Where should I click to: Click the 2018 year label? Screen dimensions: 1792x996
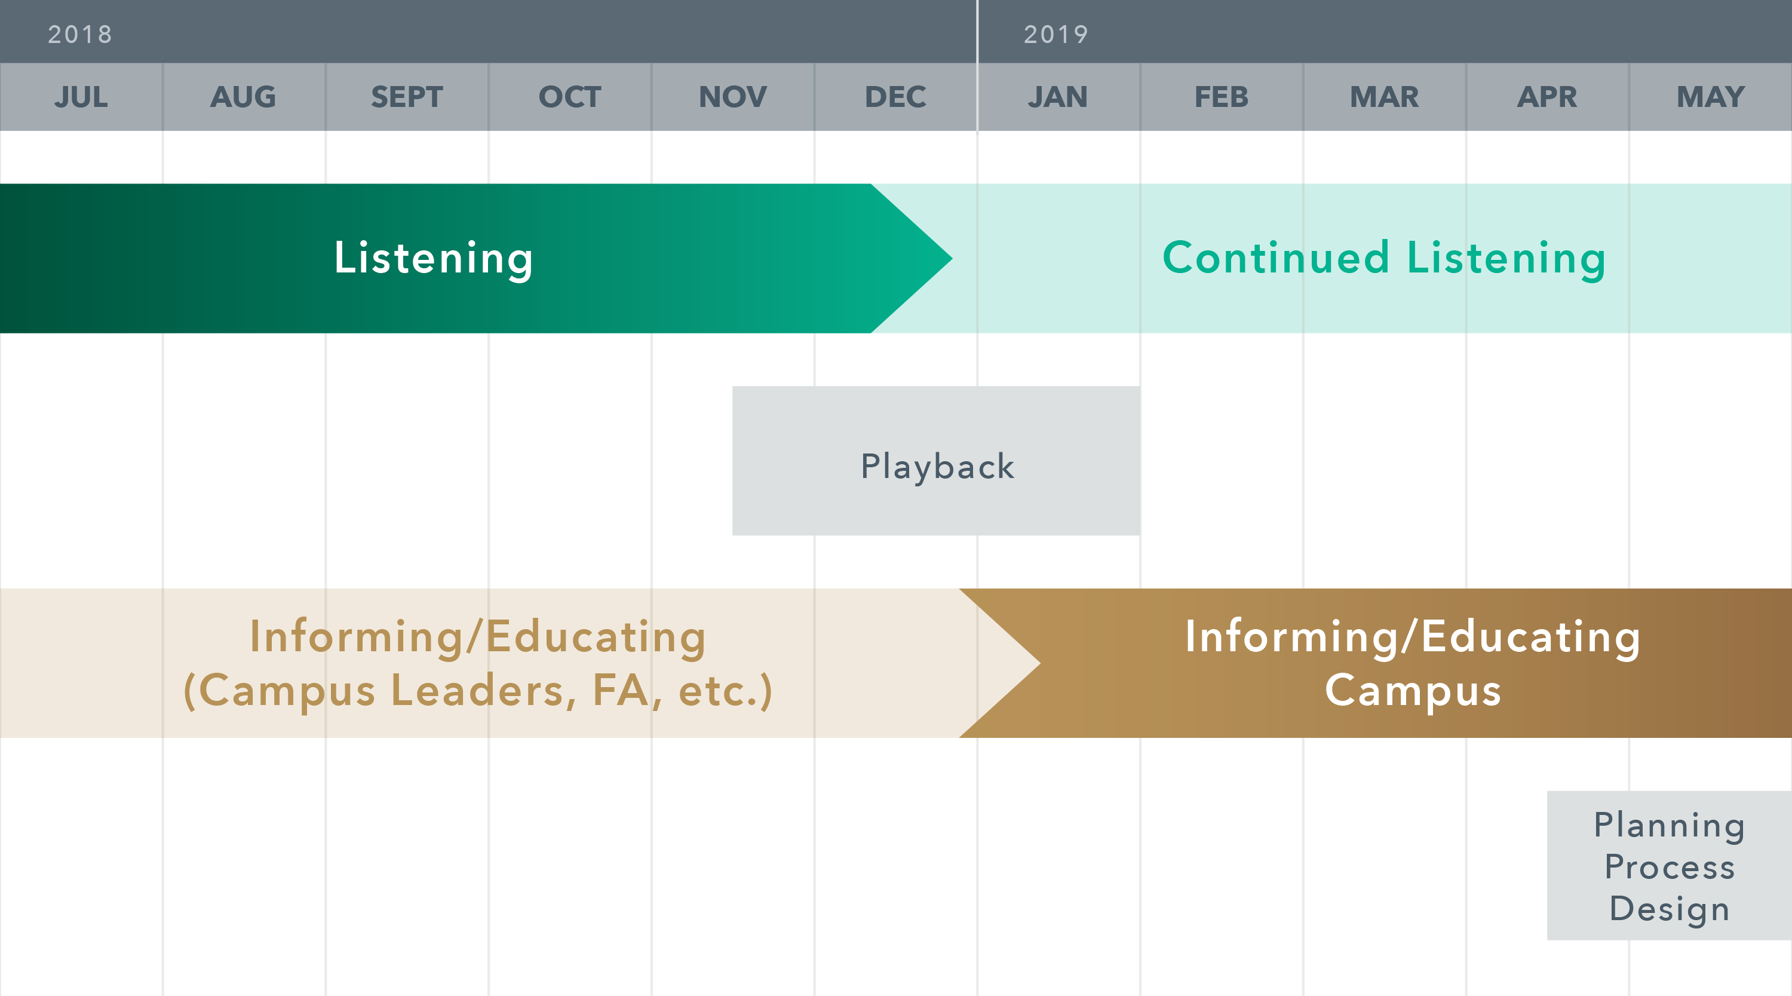(x=80, y=34)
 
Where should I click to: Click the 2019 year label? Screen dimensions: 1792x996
(x=1056, y=34)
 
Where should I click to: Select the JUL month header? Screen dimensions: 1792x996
(x=81, y=97)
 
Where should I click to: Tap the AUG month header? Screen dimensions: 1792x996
(x=244, y=97)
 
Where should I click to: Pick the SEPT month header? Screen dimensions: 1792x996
(x=407, y=97)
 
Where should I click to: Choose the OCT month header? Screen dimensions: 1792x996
(x=570, y=97)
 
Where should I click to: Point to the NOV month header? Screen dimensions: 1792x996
(x=732, y=97)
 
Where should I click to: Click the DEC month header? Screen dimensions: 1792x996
(x=895, y=97)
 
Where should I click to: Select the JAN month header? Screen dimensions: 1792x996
(x=1058, y=97)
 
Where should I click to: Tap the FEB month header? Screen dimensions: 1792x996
(x=1222, y=97)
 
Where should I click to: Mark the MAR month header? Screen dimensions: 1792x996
(x=1385, y=97)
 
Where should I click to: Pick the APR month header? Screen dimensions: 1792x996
(x=1547, y=97)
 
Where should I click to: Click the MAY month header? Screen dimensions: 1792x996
(x=1711, y=97)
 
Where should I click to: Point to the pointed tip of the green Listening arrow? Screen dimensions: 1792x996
(x=952, y=258)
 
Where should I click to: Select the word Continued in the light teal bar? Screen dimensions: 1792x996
(x=1276, y=258)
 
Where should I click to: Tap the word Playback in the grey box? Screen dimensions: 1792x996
(x=938, y=466)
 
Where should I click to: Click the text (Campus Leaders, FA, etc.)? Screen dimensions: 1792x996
(x=478, y=691)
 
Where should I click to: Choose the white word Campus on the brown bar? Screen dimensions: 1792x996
(x=1413, y=692)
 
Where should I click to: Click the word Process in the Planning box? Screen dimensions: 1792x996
(x=1670, y=867)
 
